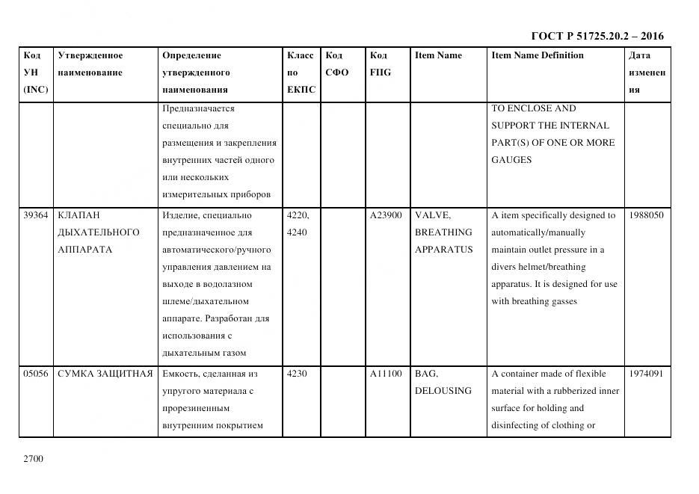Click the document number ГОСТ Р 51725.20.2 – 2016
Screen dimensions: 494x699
(597, 36)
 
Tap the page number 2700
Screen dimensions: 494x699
(33, 458)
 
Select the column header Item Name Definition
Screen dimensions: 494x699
(537, 55)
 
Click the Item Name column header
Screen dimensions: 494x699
(438, 55)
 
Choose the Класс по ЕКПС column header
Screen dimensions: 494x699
(301, 72)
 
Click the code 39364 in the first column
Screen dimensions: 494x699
(36, 215)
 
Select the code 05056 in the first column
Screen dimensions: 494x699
(36, 374)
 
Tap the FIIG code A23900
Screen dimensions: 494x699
(386, 215)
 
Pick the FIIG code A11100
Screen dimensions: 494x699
(386, 374)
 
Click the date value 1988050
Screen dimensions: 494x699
(646, 215)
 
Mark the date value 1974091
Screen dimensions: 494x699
(646, 374)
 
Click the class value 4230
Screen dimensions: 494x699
(297, 374)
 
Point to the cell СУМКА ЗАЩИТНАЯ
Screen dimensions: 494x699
(105, 374)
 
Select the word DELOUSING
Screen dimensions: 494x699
(443, 391)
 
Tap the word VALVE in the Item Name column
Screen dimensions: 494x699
(433, 215)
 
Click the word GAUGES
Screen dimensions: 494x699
(511, 160)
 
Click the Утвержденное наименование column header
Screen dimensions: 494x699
(90, 64)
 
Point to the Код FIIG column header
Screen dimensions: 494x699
(380, 64)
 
